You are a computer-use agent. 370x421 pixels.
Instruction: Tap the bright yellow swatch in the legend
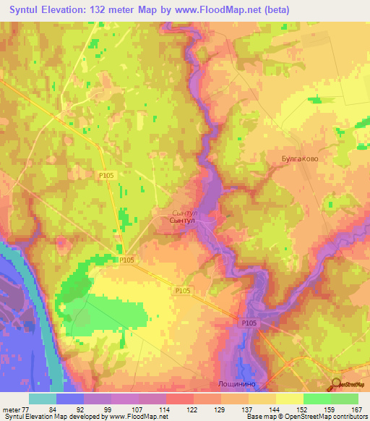coord(290,399)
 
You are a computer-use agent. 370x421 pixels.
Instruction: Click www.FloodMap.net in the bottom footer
coord(142,417)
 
